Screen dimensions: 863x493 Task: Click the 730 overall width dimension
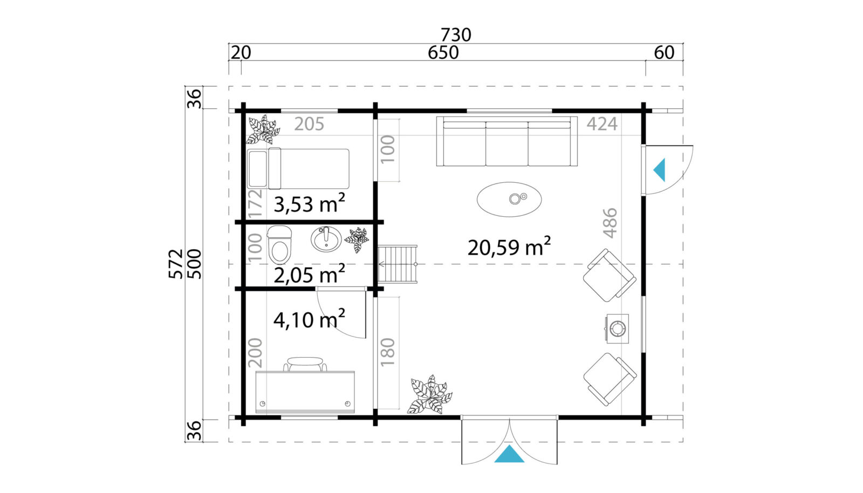click(x=456, y=35)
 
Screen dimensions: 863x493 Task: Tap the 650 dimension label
click(x=443, y=53)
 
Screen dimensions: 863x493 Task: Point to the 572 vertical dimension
click(x=175, y=263)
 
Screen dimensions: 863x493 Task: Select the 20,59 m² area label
click(x=509, y=247)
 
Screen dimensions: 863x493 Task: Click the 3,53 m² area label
click(x=309, y=203)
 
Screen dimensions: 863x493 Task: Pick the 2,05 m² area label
click(x=309, y=274)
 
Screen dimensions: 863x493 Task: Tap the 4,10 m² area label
click(x=309, y=319)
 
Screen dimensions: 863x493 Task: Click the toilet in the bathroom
click(x=280, y=244)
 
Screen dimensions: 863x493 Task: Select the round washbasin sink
click(x=326, y=239)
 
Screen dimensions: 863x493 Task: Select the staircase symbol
click(x=397, y=264)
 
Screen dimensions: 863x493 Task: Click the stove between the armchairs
click(x=618, y=328)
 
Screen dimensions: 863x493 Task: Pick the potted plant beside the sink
click(x=357, y=239)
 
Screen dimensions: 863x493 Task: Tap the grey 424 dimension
click(x=602, y=124)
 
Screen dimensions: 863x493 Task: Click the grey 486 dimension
click(x=610, y=223)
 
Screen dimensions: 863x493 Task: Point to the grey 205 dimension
click(x=309, y=124)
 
